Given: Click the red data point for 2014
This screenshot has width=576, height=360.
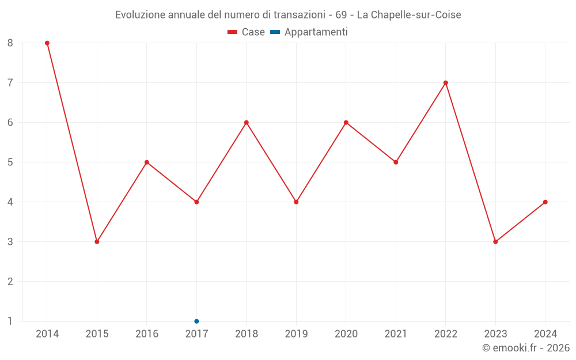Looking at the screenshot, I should click(47, 43).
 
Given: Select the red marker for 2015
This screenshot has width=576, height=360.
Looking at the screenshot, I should click(97, 242).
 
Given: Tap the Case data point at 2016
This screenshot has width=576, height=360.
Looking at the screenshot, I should click(147, 162).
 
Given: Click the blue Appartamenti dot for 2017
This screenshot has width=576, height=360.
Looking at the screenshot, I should click(196, 321).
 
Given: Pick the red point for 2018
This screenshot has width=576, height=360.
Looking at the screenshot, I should click(247, 123).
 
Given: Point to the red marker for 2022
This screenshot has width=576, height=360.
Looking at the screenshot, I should click(446, 83).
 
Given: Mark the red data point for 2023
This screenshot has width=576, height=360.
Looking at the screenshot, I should click(495, 242).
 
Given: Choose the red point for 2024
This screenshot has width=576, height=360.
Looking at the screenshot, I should click(545, 202).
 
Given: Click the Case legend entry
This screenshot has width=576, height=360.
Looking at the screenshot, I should click(247, 32).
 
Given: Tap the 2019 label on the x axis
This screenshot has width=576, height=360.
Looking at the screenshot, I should click(296, 334).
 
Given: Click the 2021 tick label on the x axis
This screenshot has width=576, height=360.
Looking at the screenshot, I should click(396, 334).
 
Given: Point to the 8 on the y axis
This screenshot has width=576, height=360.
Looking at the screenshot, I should click(10, 43).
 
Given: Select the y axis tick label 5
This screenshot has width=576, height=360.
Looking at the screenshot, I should click(10, 162).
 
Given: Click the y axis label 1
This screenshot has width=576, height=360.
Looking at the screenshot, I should click(10, 321).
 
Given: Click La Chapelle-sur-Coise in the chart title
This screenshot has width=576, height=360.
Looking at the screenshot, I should click(409, 15).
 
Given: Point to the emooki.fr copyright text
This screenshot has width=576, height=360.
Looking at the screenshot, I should click(525, 348).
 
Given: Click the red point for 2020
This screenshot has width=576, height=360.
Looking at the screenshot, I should click(346, 123).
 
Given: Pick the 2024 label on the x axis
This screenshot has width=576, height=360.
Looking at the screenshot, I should click(545, 334).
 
